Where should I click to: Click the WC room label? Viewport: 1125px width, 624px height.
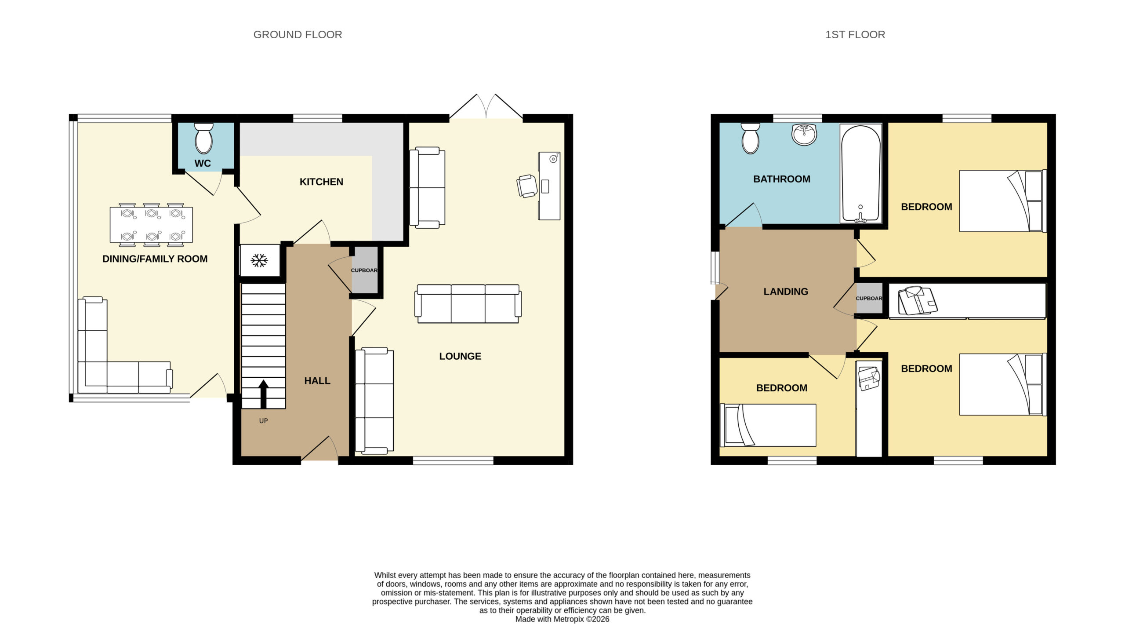click(203, 163)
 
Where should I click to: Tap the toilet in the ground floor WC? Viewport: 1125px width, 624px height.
click(203, 138)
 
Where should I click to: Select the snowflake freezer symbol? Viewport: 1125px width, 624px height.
click(259, 260)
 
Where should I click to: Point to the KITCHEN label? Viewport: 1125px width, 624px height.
click(321, 182)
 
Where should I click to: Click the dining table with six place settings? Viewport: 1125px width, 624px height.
click(151, 225)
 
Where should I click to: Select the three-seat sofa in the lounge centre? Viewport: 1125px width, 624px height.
click(468, 304)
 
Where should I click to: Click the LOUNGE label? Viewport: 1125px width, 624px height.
click(460, 356)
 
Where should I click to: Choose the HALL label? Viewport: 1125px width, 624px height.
click(317, 381)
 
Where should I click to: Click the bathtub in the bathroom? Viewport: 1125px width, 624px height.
click(860, 174)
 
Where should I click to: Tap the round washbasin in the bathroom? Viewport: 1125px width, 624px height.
click(805, 134)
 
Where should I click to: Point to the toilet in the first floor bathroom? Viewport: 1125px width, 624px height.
click(751, 138)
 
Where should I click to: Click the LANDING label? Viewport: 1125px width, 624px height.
click(786, 292)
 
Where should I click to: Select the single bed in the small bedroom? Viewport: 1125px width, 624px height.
click(768, 425)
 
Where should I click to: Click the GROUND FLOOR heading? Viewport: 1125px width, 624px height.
click(298, 35)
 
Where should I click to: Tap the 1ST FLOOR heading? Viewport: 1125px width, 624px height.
click(855, 35)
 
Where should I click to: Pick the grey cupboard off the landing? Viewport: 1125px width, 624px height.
click(869, 298)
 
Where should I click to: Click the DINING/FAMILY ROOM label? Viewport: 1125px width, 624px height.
click(155, 259)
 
